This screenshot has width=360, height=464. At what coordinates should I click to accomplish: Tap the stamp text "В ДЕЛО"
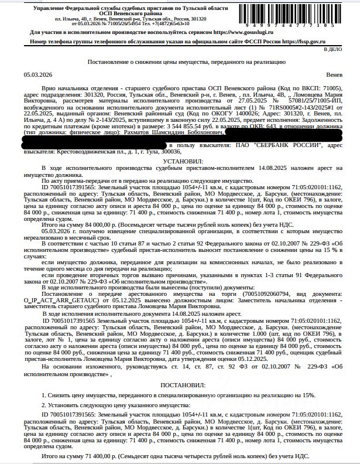(x=345, y=50)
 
